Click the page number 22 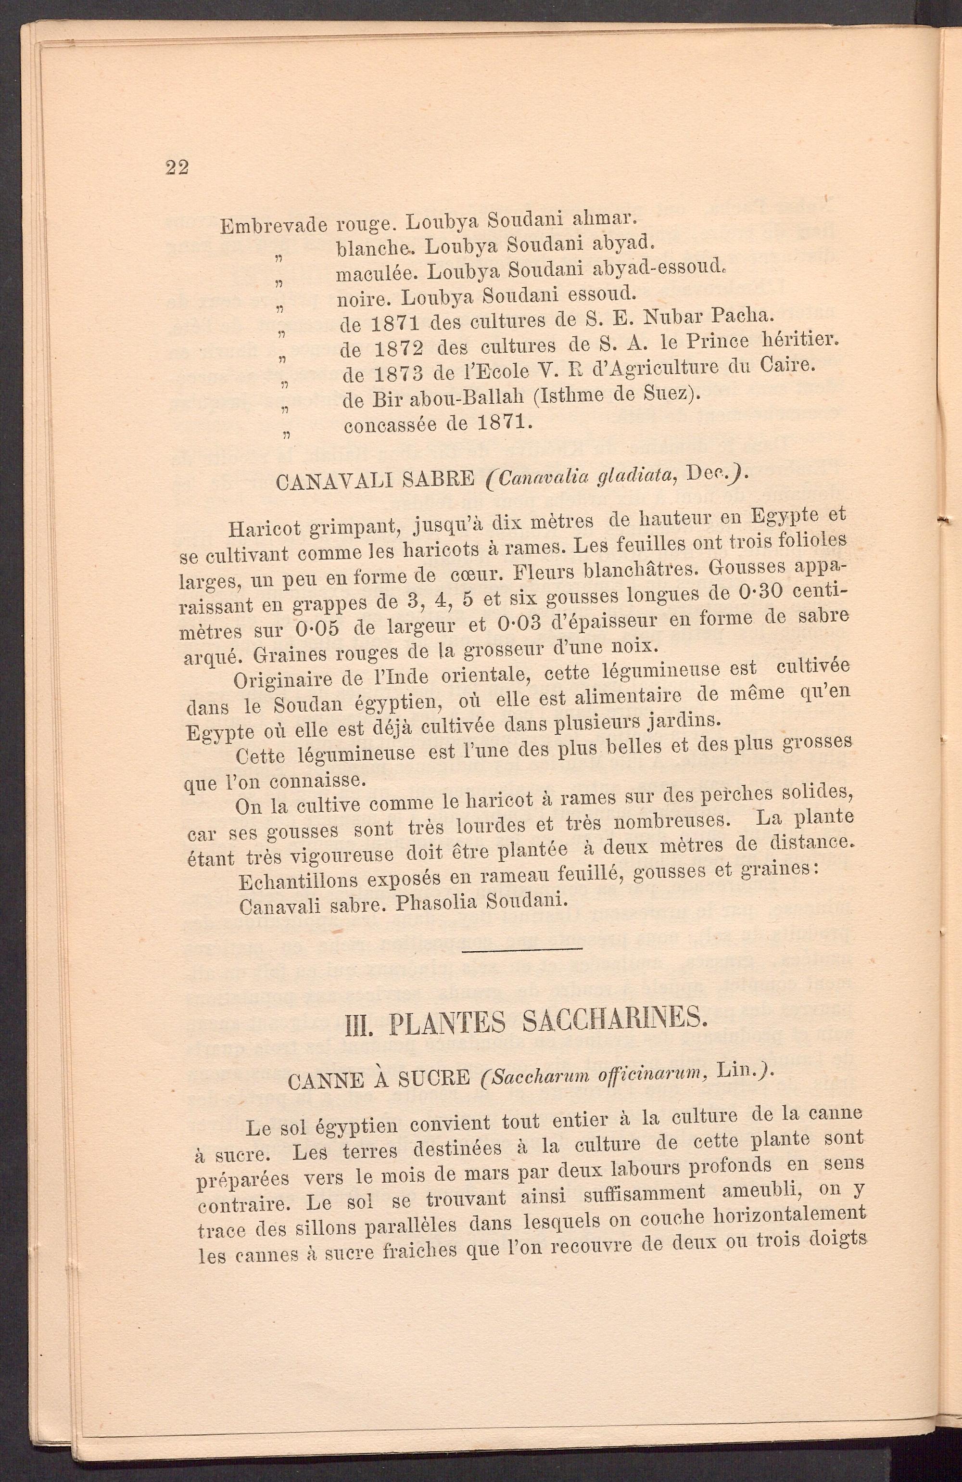pos(177,167)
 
